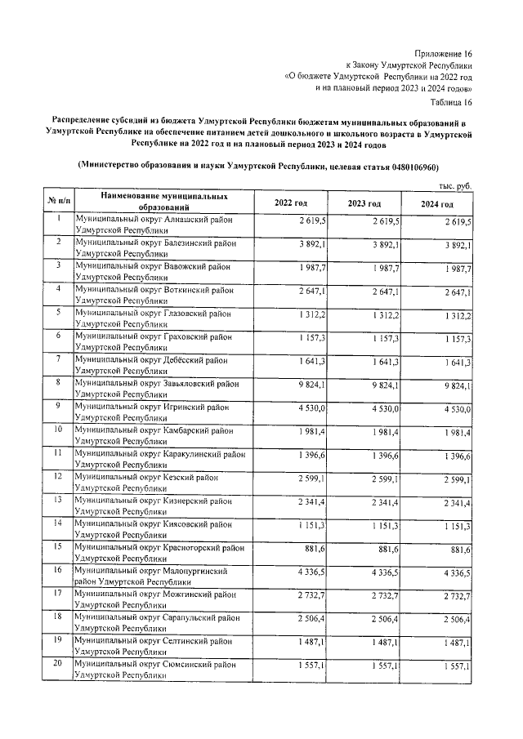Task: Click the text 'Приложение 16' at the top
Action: [x=445, y=51]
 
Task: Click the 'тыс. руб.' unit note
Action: [x=455, y=187]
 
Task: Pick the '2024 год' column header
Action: [x=437, y=203]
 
